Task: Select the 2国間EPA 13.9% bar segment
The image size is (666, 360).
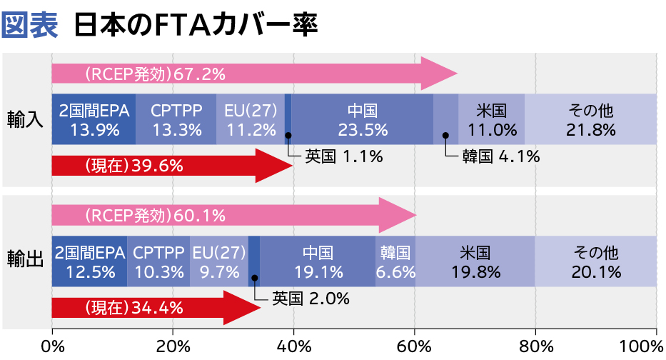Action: point(94,119)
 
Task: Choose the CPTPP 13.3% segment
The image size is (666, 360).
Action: point(176,119)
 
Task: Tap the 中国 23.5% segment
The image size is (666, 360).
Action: point(362,119)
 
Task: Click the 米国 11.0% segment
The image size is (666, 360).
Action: point(491,119)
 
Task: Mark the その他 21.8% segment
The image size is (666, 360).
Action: point(590,119)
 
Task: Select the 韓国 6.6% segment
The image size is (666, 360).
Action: point(395,261)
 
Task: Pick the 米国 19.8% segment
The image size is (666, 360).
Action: point(475,261)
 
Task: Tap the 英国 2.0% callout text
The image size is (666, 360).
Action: point(311,298)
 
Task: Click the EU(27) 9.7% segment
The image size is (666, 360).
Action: point(219,261)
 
